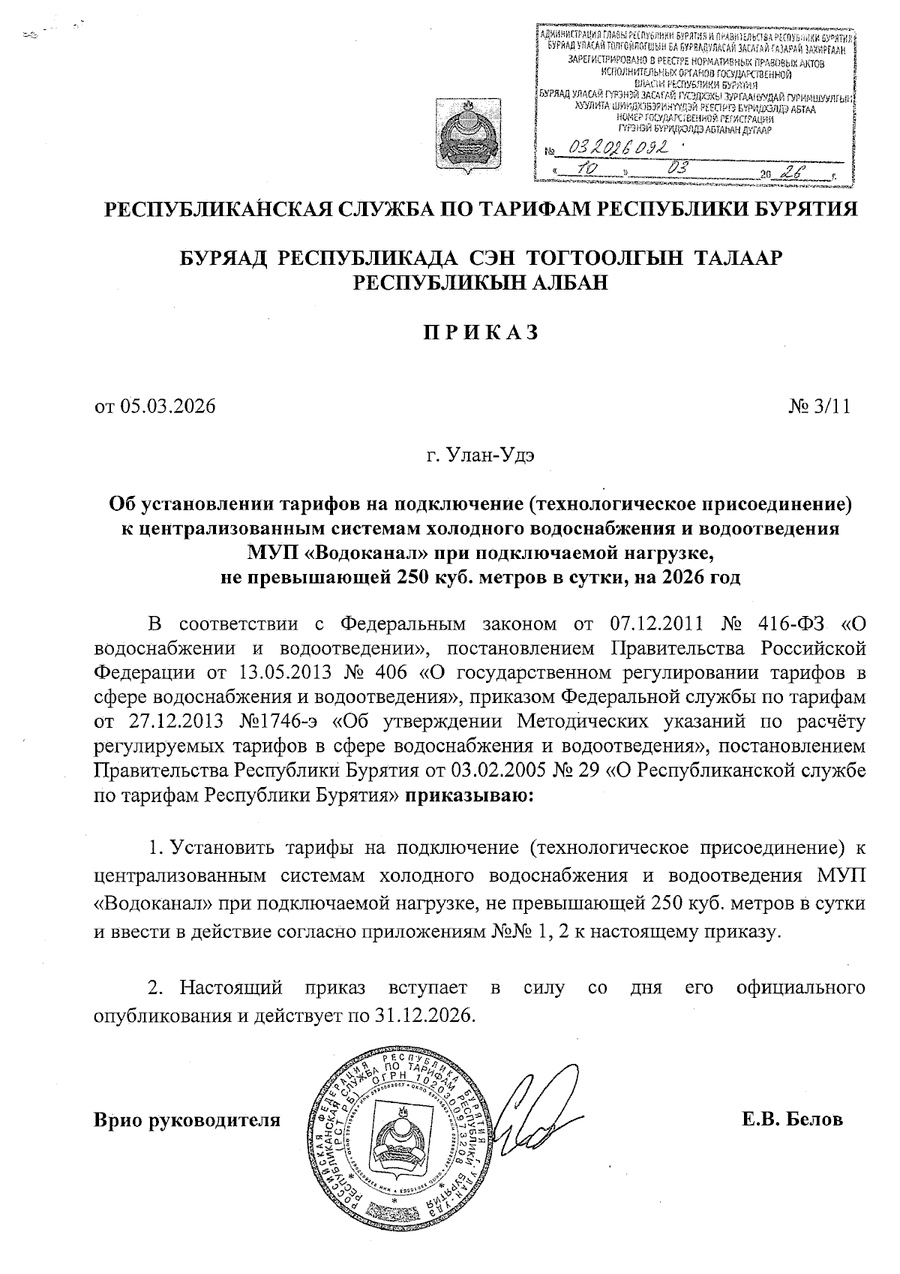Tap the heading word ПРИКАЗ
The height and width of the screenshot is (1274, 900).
[479, 332]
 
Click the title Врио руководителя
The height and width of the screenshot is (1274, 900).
[187, 1120]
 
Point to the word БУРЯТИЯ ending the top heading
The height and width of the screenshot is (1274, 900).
[807, 209]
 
